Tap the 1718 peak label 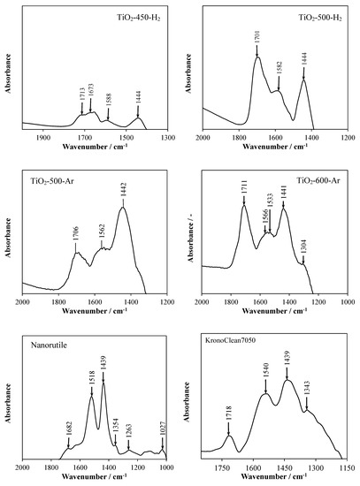(x=229, y=416)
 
